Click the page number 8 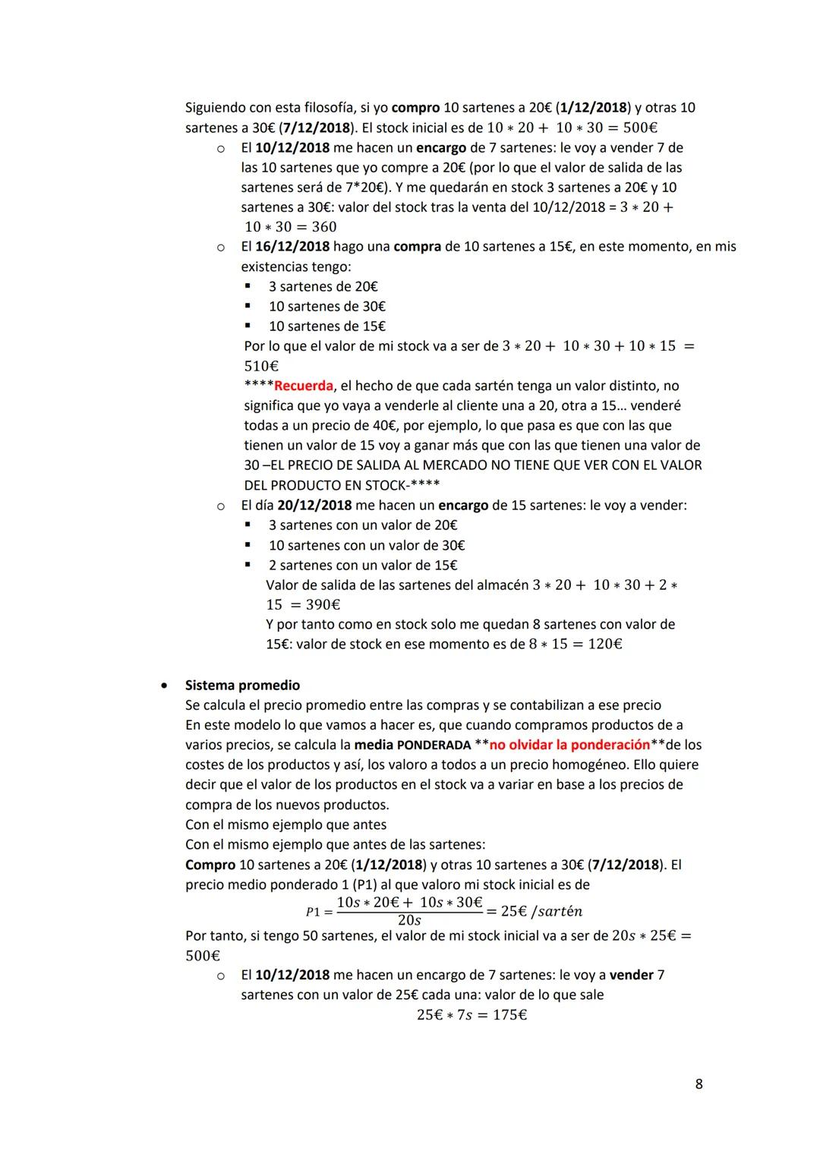click(699, 1084)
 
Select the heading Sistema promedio click(242, 685)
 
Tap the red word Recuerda click(303, 386)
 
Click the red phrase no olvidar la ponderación click(569, 745)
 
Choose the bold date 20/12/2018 click(314, 505)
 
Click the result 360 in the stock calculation click(323, 227)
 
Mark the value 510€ click(262, 366)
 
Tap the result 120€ click(605, 645)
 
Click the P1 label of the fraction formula click(313, 912)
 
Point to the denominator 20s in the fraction click(409, 921)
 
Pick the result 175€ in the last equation click(509, 1015)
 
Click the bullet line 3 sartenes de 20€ click(323, 286)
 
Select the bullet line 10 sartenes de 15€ click(326, 326)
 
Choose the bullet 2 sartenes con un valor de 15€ click(362, 566)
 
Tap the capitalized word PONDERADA click(434, 745)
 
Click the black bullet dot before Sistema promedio click(163, 686)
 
